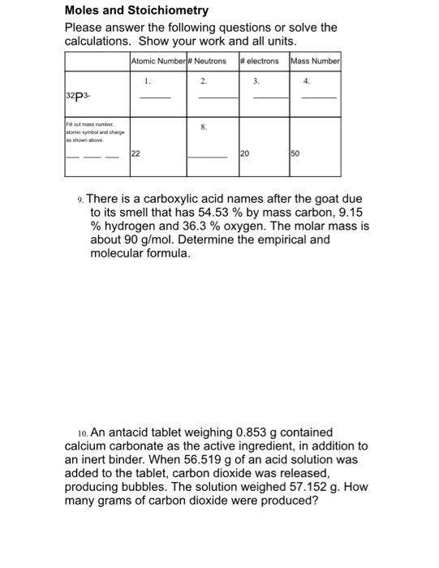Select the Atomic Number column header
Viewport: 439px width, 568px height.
click(x=157, y=61)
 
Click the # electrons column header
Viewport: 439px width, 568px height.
click(x=260, y=61)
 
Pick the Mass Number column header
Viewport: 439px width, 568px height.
click(x=315, y=61)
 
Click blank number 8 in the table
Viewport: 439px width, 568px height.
click(x=204, y=127)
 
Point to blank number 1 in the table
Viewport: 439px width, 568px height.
click(x=148, y=82)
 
